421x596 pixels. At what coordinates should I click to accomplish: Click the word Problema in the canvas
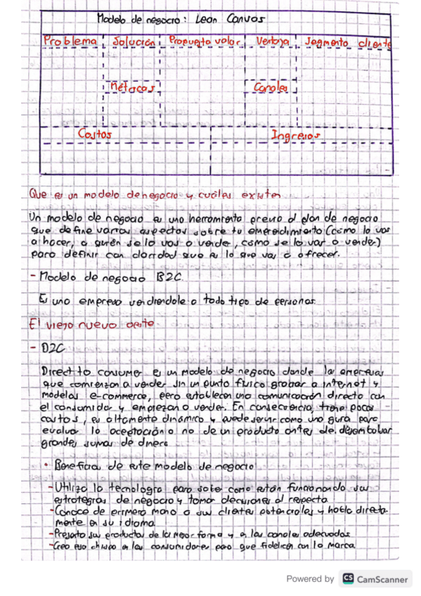point(70,41)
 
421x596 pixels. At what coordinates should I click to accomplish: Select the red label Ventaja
point(273,42)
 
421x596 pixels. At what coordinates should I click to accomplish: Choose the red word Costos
point(96,133)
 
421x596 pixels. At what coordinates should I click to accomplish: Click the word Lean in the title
point(212,20)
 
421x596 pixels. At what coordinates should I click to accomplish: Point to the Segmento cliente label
point(347,42)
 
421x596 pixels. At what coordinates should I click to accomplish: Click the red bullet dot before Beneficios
point(46,467)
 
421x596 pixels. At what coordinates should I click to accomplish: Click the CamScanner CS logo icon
point(348,578)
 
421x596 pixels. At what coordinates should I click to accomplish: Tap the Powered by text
point(310,578)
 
